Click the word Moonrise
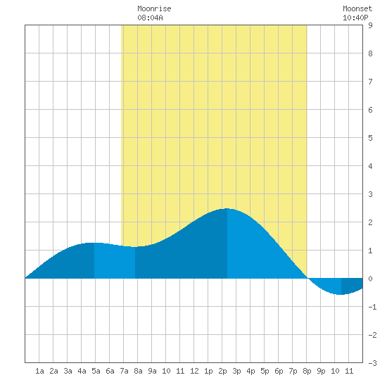pyautogui.click(x=154, y=8)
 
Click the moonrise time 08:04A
pyautogui.click(x=150, y=18)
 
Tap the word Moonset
pyautogui.click(x=357, y=8)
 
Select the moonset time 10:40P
pyautogui.click(x=355, y=18)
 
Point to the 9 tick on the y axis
pyautogui.click(x=370, y=25)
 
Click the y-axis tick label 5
pyautogui.click(x=370, y=138)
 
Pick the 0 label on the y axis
pyautogui.click(x=370, y=279)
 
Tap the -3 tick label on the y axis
pyautogui.click(x=372, y=363)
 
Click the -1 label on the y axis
pyautogui.click(x=372, y=307)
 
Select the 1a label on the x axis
pyautogui.click(x=39, y=371)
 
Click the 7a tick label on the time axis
pyautogui.click(x=124, y=371)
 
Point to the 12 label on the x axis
pyautogui.click(x=194, y=371)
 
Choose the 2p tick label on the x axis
pyautogui.click(x=222, y=371)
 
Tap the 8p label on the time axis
pyautogui.click(x=307, y=371)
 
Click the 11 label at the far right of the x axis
pyautogui.click(x=349, y=371)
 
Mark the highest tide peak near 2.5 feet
pyautogui.click(x=227, y=208)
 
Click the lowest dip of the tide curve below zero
pyautogui.click(x=341, y=294)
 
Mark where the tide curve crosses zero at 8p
pyautogui.click(x=307, y=278)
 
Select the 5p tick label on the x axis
pyautogui.click(x=265, y=371)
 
